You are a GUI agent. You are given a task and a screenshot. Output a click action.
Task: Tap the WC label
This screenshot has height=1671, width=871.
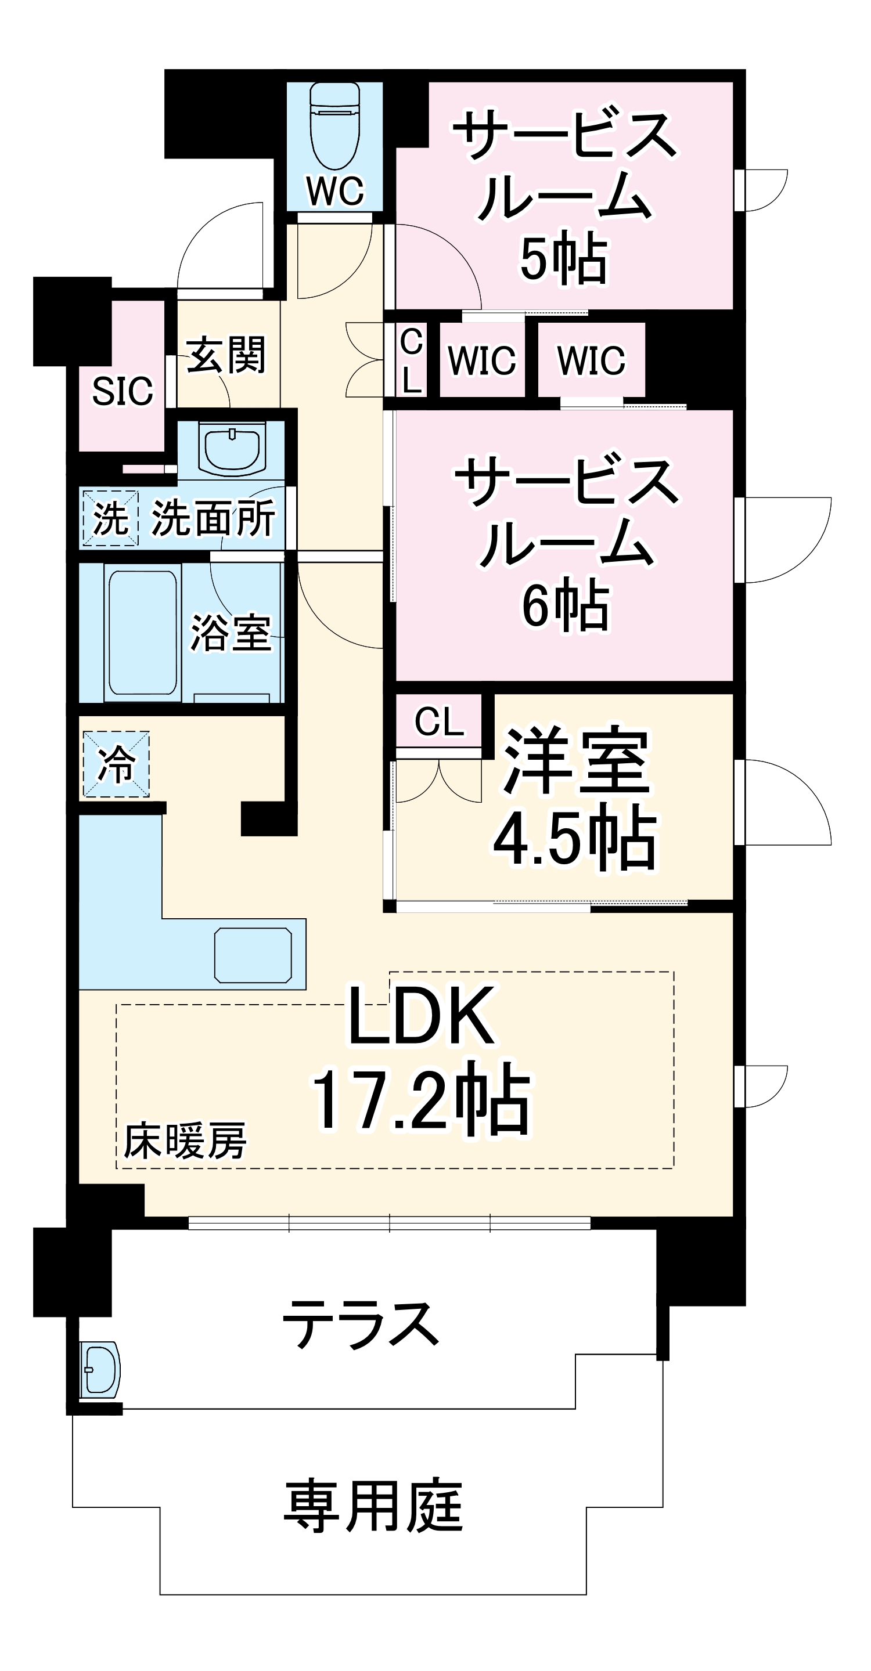[x=335, y=192]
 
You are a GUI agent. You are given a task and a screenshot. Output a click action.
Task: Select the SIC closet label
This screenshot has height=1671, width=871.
[x=123, y=391]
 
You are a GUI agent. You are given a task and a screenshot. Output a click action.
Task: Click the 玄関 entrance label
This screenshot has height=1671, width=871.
[x=226, y=355]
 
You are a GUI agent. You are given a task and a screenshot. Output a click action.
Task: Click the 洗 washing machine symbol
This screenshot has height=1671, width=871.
[x=110, y=518]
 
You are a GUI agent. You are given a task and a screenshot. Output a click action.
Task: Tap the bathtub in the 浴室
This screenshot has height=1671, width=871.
[x=142, y=633]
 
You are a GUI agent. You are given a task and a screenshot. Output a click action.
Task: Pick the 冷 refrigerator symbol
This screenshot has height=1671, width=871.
[x=116, y=764]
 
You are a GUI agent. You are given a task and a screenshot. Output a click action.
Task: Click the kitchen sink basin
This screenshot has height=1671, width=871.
[x=253, y=955]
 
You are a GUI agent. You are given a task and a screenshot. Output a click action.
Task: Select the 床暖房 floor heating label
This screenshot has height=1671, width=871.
[x=185, y=1142]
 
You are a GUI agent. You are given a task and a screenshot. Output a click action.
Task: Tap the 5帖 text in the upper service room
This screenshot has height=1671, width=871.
[x=564, y=259]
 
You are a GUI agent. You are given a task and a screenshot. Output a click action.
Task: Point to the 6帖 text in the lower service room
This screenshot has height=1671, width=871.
[x=566, y=605]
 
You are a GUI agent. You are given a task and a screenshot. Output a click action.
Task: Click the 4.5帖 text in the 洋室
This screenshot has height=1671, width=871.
[x=575, y=838]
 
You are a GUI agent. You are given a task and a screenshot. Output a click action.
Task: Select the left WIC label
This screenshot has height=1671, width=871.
[x=481, y=360]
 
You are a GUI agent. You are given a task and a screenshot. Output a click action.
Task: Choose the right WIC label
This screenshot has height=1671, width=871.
[x=591, y=360]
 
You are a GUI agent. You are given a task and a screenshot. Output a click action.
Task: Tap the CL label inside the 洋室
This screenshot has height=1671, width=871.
[x=440, y=721]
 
